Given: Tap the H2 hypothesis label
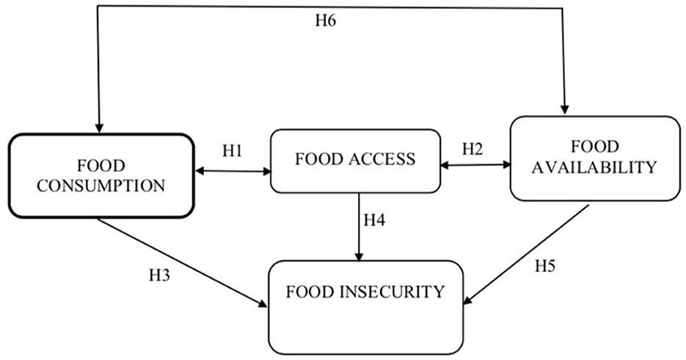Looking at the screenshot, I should tap(473, 149).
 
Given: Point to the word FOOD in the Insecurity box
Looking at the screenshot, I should tap(315, 292).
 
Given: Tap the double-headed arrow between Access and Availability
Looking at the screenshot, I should tap(475, 166).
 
